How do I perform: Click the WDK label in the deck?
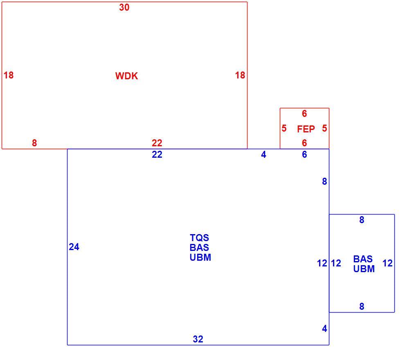(x=126, y=76)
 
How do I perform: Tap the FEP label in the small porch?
(x=306, y=129)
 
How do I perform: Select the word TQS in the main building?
(x=199, y=238)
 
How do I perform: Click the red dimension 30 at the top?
(x=124, y=7)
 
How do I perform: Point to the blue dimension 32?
(x=198, y=339)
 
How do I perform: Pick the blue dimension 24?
(x=74, y=247)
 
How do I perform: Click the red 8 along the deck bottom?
(x=34, y=143)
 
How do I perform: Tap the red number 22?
(x=157, y=143)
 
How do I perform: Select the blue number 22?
(x=157, y=154)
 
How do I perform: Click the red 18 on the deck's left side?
(x=9, y=75)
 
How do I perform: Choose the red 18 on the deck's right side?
(x=240, y=75)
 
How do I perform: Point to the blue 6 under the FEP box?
(x=304, y=154)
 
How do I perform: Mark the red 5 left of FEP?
(x=284, y=128)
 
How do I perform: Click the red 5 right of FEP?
(x=325, y=128)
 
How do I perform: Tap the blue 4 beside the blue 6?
(x=263, y=154)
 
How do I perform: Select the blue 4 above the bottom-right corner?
(x=325, y=329)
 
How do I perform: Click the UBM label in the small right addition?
(x=364, y=269)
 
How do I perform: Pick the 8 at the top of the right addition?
(x=362, y=220)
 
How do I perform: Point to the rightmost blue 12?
(x=388, y=263)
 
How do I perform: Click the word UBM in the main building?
(x=200, y=257)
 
